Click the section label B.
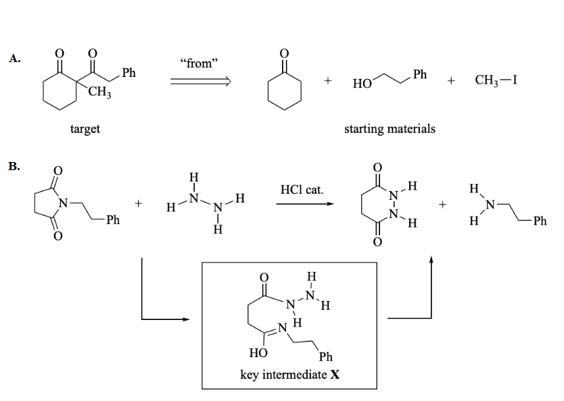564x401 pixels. point(14,165)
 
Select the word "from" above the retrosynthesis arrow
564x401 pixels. point(199,63)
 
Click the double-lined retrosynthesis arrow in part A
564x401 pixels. point(200,82)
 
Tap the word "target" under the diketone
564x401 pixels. point(85,128)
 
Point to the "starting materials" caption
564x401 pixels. point(390,128)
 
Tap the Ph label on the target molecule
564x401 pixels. point(129,73)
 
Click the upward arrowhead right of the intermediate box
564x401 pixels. point(431,259)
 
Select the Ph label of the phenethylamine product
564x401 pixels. point(539,220)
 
